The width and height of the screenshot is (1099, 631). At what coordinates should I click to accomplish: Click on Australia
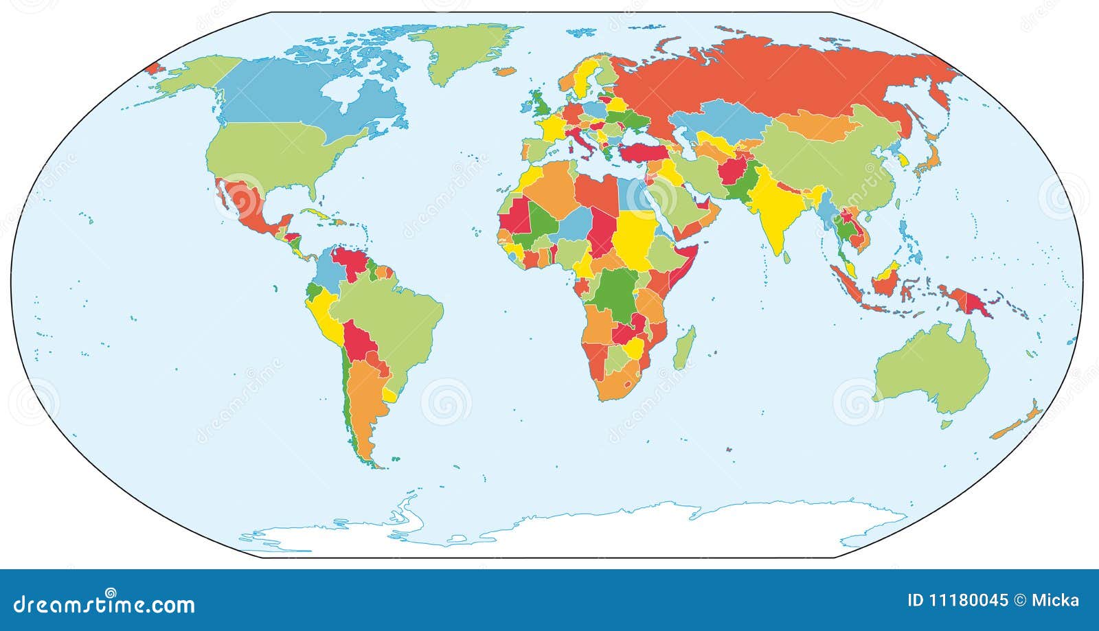[934, 371]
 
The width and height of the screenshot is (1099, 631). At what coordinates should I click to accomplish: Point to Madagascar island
[684, 347]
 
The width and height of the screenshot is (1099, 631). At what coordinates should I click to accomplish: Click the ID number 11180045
[958, 601]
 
